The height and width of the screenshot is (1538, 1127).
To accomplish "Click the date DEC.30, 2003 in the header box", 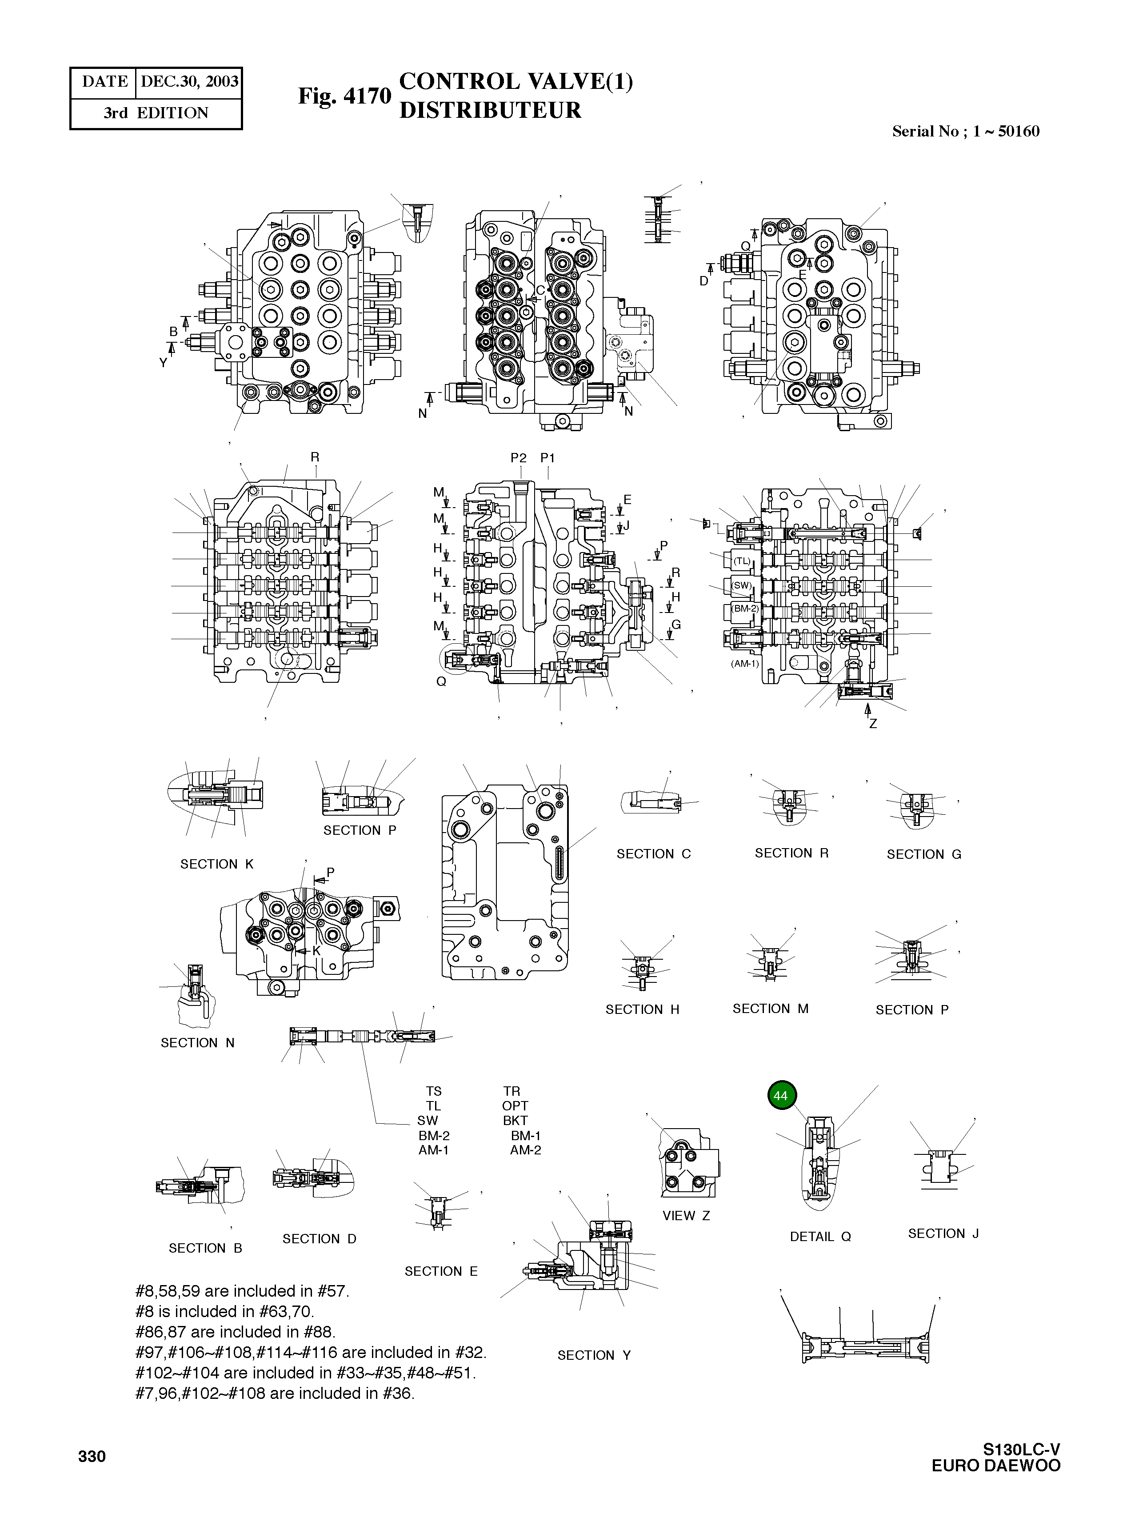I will coord(189,82).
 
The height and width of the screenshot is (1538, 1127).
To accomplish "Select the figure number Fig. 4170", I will coord(344,96).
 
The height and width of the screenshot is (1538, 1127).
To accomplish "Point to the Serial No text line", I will coord(965,132).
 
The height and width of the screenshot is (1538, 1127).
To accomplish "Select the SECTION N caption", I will coord(197,1043).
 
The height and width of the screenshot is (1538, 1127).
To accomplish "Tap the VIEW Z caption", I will coord(686,1215).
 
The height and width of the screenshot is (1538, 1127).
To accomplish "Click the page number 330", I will coord(92,1457).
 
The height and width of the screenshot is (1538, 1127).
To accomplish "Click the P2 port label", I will coord(519,458).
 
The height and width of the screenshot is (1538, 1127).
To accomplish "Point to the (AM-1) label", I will coord(744,663).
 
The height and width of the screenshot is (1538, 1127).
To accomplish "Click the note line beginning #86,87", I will coord(236,1332).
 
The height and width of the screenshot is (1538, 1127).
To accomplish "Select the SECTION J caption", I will coord(943,1233).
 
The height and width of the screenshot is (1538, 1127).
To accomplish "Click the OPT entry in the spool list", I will coord(515,1105).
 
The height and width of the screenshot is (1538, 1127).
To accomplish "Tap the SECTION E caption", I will coord(441,1271).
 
